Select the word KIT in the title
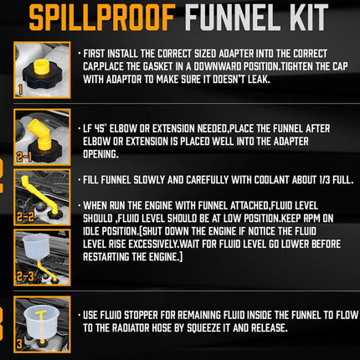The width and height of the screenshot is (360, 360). (309, 17)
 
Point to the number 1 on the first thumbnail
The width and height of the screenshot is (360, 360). (20, 90)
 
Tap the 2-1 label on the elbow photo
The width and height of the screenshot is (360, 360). (24, 157)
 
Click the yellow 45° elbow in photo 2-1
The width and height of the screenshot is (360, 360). (40, 133)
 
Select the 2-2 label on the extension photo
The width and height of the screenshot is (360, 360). (25, 217)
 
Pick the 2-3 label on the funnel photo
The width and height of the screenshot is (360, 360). (25, 276)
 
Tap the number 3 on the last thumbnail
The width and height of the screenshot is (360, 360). (19, 344)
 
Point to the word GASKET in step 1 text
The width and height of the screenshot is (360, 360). (158, 66)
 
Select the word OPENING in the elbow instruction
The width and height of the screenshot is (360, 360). (100, 154)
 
